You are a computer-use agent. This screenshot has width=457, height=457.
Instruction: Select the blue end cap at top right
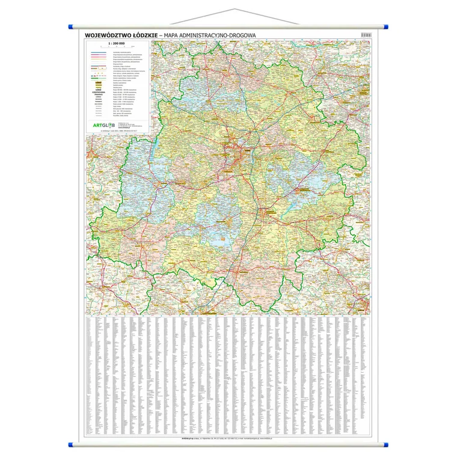(x=385, y=26)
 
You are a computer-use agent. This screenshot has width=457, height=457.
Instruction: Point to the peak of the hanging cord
(x=228, y=10)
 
